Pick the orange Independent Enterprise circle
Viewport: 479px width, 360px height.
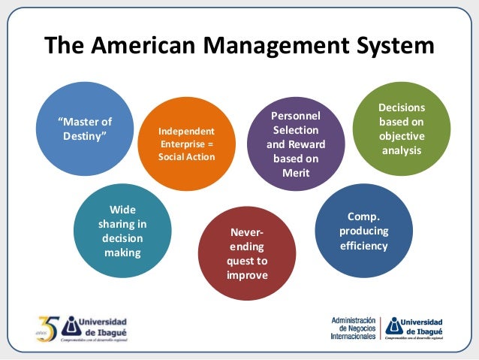coord(186,143)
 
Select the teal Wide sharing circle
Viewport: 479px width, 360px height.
coord(122,229)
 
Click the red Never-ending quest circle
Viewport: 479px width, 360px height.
coord(247,254)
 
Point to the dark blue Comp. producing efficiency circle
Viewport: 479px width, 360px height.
coord(363,231)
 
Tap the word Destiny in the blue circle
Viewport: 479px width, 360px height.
coord(84,135)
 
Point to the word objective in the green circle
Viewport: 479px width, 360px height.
coord(402,136)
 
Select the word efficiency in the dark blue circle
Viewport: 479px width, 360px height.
coord(363,245)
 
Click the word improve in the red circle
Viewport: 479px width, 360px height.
coord(247,275)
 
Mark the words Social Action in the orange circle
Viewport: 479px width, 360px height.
coord(186,156)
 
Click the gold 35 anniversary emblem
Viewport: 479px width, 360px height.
coord(46,328)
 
